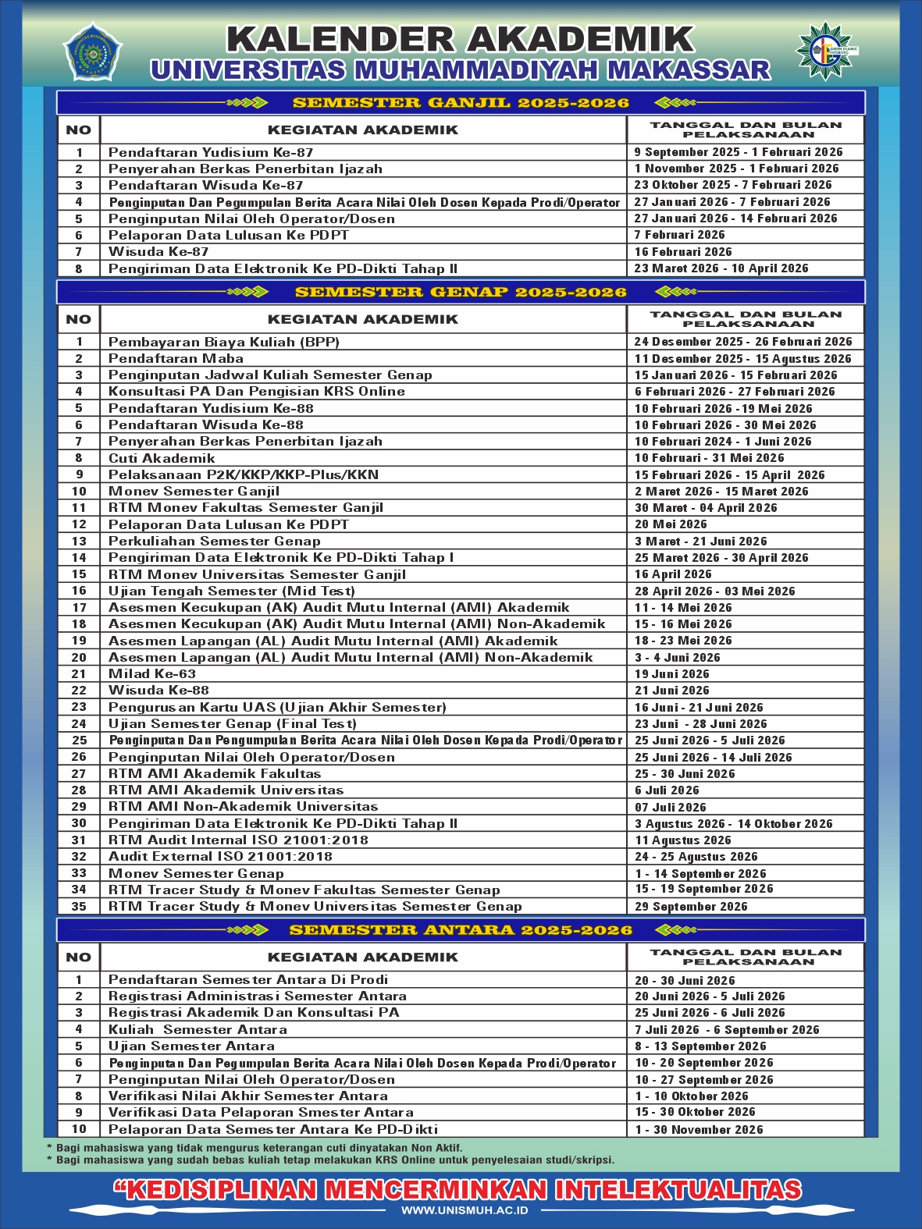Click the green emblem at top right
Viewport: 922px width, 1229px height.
click(825, 51)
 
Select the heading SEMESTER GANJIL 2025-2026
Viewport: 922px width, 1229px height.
click(461, 103)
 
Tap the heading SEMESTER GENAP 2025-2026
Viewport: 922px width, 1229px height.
click(461, 293)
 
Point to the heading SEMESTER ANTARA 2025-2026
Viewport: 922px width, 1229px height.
click(461, 930)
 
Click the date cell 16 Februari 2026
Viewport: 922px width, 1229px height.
click(683, 252)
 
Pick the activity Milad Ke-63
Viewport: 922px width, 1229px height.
click(152, 674)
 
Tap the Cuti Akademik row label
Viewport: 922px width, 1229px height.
click(162, 459)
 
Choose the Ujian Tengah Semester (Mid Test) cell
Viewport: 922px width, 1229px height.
click(231, 591)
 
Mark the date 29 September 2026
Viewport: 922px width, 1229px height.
click(691, 907)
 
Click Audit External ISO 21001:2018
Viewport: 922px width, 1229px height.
click(220, 857)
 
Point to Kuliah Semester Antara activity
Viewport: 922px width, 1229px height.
click(198, 1030)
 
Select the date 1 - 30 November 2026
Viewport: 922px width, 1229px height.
click(699, 1130)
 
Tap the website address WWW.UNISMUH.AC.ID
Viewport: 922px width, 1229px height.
click(465, 1210)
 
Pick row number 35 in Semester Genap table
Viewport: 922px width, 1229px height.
click(79, 907)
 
